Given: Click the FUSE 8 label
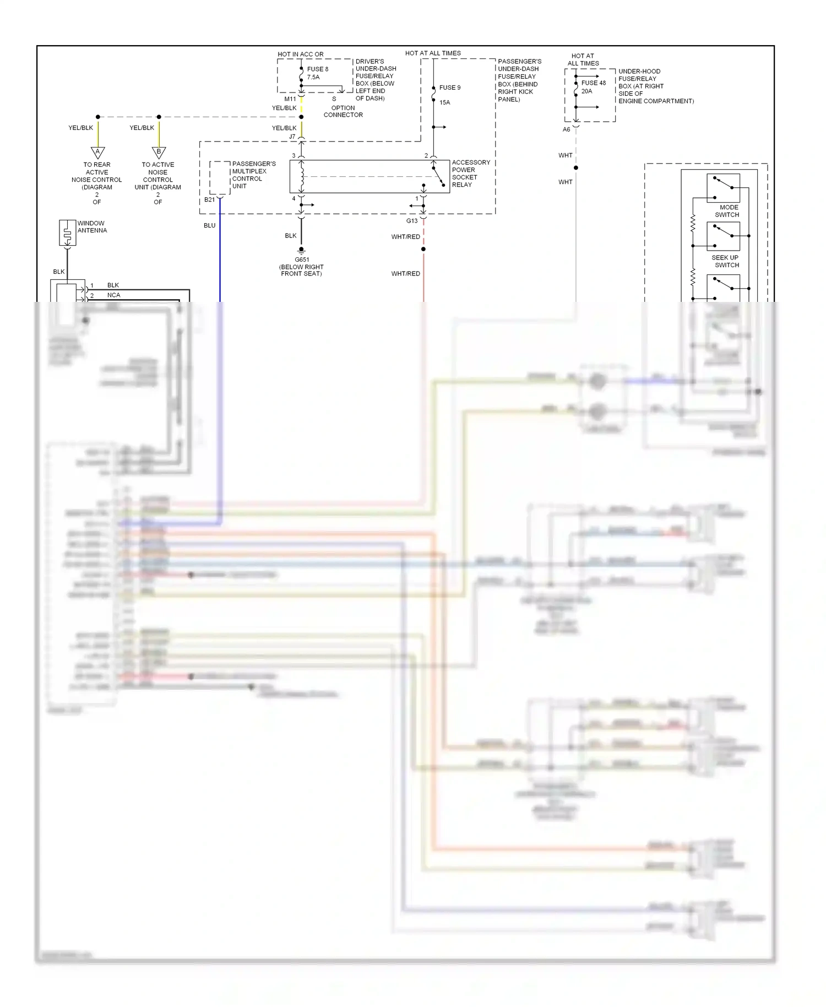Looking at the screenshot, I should coord(317,69).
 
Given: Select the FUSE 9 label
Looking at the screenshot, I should coord(449,88).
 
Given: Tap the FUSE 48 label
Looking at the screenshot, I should coord(593,83).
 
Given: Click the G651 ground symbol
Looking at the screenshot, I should coord(301,251).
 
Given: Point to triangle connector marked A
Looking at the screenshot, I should coord(97,152).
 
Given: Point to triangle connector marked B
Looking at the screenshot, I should coord(159,152).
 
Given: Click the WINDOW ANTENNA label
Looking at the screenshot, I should coord(92,227).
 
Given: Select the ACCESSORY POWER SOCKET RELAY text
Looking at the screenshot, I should coord(470,174).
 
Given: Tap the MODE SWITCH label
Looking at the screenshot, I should coord(727,211).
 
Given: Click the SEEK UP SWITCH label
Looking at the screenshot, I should coord(725,261).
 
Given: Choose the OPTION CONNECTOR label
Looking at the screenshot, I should coord(343,111).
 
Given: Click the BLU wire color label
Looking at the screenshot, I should coord(209,225).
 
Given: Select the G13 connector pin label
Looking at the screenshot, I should coord(412,221).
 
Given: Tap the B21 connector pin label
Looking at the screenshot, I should coord(209,200).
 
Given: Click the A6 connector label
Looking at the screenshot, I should coord(566,129).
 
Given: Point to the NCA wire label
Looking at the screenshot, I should coord(113,295).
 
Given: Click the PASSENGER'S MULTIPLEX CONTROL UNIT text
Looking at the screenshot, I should coord(253,175).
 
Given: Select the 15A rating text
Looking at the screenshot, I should coord(444,102).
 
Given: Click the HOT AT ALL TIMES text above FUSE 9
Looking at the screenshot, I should coord(433,53).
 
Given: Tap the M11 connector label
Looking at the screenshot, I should coord(290,99).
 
